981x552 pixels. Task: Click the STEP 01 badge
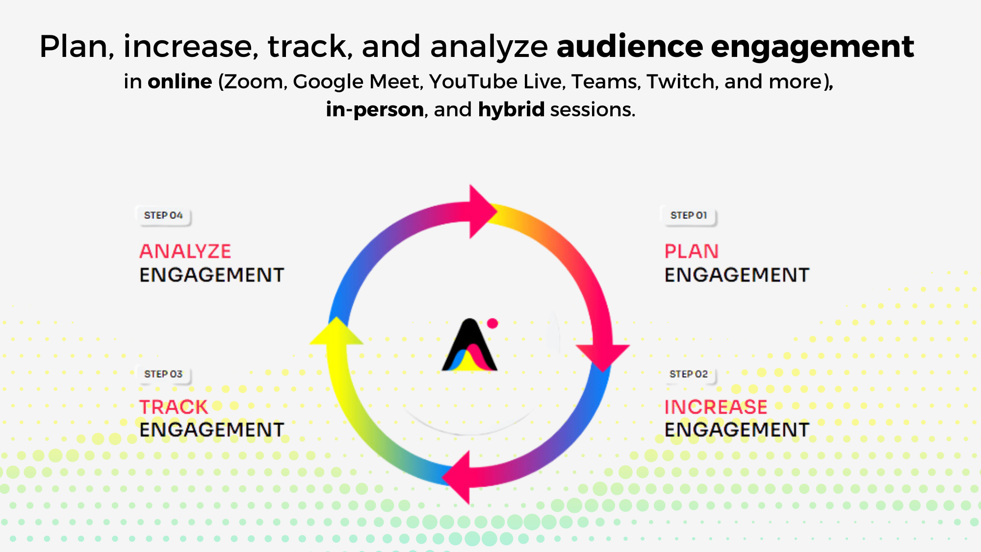coord(689,215)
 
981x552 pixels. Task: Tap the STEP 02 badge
coord(689,374)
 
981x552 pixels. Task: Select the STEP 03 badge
coord(163,374)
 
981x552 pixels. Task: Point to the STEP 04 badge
coord(163,215)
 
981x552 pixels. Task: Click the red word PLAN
coord(692,251)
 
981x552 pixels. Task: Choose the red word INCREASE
coord(716,407)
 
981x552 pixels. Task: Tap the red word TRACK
coord(174,407)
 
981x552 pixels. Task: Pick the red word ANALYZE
coord(185,251)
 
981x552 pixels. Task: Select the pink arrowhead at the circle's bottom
coord(457,477)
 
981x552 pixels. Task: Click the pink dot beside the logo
coord(492,323)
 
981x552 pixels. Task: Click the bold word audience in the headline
coord(629,47)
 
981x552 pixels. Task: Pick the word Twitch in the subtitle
coord(680,81)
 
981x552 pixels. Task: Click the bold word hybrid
coord(511,109)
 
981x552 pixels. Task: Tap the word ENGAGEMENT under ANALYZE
coord(212,275)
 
